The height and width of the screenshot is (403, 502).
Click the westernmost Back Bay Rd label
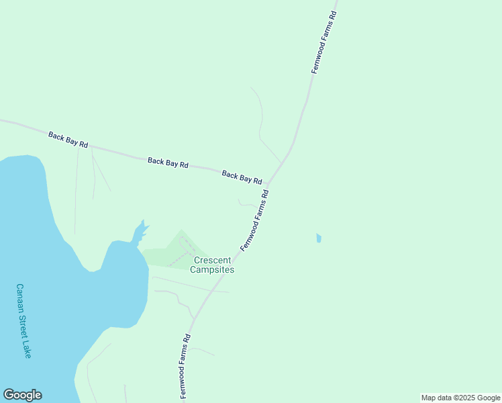point(68,140)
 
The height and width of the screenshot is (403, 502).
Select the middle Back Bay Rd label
point(168,163)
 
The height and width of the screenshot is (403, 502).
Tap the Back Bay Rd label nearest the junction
point(242,177)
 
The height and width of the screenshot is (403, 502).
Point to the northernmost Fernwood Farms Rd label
point(323,42)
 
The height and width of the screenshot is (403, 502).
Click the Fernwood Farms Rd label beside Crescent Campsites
point(254,220)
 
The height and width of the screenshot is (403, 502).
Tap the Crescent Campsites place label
point(212,265)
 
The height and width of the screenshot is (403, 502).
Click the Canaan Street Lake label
point(23,320)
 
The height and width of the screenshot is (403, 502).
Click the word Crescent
point(212,260)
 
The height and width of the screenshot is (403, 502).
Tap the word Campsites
point(212,269)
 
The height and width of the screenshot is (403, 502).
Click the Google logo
point(22,395)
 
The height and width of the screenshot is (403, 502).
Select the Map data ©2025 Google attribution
point(460,398)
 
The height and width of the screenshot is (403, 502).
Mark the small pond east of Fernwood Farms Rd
point(318,238)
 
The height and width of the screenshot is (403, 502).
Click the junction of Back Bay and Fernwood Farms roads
point(269,184)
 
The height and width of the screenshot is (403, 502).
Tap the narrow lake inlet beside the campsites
point(139,232)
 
